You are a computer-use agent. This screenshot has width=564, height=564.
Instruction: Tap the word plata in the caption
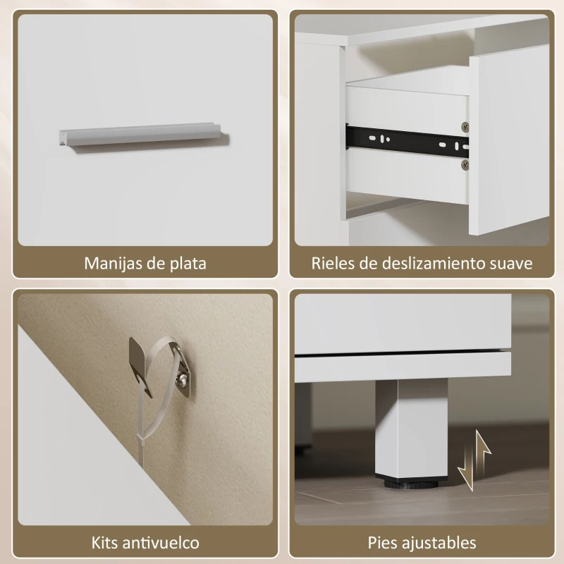(188, 264)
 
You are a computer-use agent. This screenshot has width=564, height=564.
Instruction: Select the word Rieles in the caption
(334, 264)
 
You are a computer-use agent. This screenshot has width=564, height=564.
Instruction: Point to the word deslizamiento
(433, 264)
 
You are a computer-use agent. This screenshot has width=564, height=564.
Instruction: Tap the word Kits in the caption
(106, 543)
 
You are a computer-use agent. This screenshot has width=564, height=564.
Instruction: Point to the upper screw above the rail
(465, 127)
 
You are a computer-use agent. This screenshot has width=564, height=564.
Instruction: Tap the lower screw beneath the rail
(465, 164)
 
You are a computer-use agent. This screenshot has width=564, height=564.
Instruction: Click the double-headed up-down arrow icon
(473, 461)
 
